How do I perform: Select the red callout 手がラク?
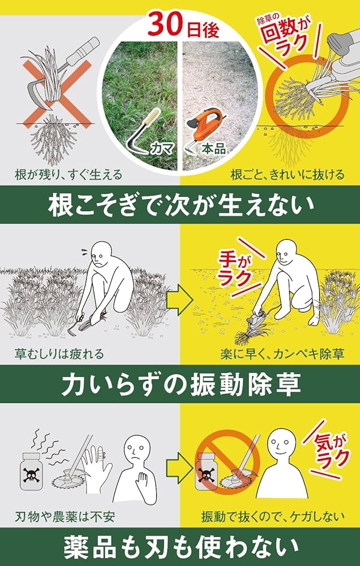[234, 264]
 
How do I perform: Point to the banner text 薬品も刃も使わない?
[179, 547]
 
